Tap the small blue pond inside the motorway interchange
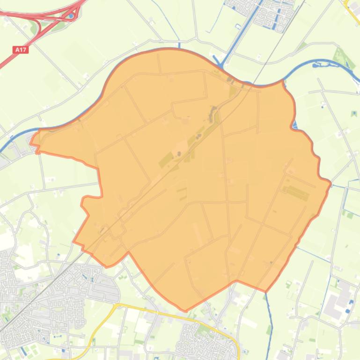pyautogui.click(x=71, y=15)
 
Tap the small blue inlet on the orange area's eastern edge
pyautogui.click(x=294, y=123)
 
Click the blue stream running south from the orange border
pyautogui.click(x=269, y=318)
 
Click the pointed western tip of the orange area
pyautogui.click(x=31, y=141)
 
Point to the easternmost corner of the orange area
pyautogui.click(x=331, y=183)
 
